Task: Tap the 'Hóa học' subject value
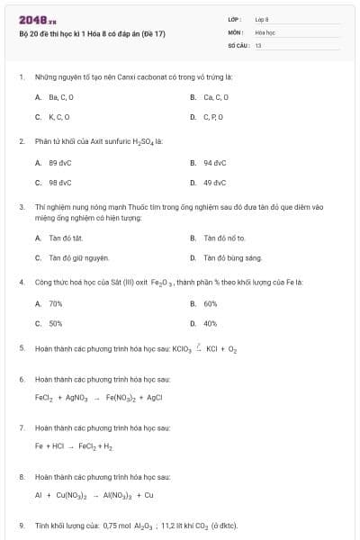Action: (x=264, y=31)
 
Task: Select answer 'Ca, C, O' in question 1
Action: (x=216, y=97)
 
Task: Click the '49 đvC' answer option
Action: (x=214, y=183)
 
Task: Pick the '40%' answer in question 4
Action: (x=211, y=323)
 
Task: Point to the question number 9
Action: (x=22, y=526)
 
